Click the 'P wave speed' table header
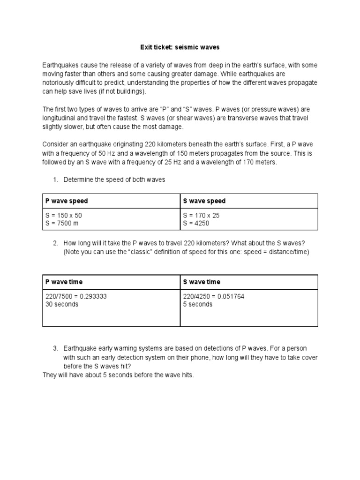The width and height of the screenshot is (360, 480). click(66, 201)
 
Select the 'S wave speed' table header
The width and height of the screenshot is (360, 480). click(204, 201)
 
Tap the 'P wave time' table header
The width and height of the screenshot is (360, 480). click(64, 282)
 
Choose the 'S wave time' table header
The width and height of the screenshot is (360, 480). click(202, 282)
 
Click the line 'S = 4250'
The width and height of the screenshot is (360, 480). click(196, 223)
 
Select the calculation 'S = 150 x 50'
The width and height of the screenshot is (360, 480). click(64, 216)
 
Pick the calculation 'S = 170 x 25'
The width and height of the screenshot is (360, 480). click(201, 216)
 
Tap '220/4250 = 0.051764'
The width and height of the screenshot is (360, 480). click(213, 297)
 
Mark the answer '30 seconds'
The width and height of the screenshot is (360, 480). click(62, 304)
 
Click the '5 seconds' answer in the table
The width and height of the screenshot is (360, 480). click(198, 304)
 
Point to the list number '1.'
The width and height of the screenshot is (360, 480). click(55, 180)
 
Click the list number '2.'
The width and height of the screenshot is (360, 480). click(55, 243)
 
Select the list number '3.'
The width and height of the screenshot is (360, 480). click(55, 348)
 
